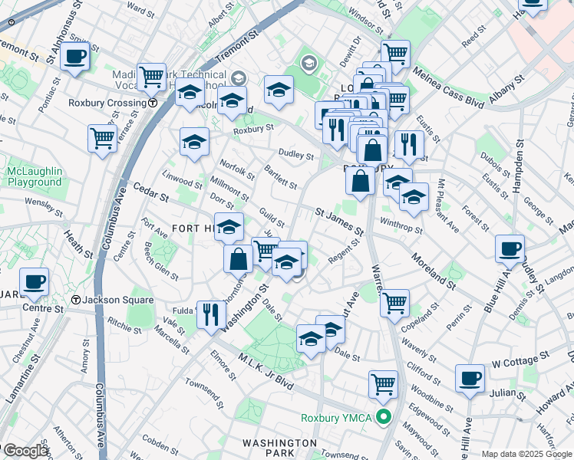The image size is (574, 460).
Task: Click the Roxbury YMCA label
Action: (337, 418)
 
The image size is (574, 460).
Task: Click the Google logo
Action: (25, 451)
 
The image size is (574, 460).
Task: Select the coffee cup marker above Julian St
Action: (470, 377)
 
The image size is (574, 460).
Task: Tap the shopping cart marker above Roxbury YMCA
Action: (383, 383)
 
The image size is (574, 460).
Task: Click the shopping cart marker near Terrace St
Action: (102, 139)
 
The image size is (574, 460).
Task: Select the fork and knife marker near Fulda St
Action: (210, 313)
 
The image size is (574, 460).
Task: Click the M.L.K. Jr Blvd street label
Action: (266, 373)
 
